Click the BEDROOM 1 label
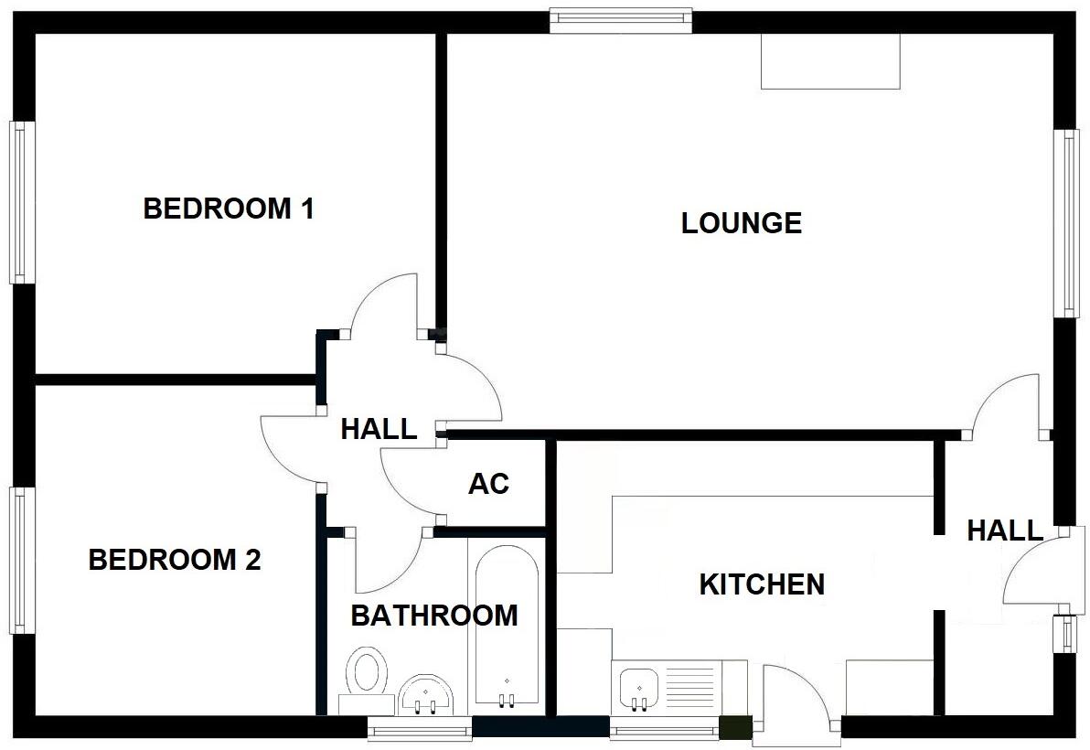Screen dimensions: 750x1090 [x=229, y=209]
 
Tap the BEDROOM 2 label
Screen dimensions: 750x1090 [x=174, y=559]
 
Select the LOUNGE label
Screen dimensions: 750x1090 [x=741, y=222]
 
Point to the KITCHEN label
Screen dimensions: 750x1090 [x=762, y=584]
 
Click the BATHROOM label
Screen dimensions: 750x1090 [x=433, y=616]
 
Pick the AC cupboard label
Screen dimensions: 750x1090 [x=488, y=483]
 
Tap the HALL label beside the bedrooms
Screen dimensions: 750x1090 [x=379, y=428]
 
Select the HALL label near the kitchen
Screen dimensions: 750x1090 [x=1005, y=530]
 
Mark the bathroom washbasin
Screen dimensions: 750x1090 [x=426, y=696]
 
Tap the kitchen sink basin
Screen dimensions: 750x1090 [x=638, y=686]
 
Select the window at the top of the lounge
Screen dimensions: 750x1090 [x=621, y=19]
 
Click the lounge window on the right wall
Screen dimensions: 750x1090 [x=1066, y=222]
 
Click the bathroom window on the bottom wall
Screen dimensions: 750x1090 [x=420, y=728]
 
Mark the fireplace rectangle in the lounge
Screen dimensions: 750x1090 [x=830, y=61]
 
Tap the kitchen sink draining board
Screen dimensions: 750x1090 [x=688, y=687]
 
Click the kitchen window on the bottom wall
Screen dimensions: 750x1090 [x=664, y=729]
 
